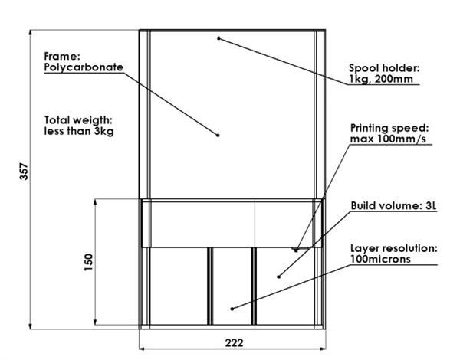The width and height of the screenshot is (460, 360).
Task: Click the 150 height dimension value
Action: [x=89, y=262]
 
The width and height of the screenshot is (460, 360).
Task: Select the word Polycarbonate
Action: [x=84, y=67]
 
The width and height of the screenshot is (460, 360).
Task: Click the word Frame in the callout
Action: [x=58, y=56]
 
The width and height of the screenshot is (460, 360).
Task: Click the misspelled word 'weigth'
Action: [x=96, y=120]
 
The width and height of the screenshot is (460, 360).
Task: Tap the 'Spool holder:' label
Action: [x=383, y=67]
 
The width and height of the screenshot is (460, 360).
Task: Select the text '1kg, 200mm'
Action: [x=377, y=79]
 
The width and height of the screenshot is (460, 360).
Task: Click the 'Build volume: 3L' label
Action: [x=393, y=205]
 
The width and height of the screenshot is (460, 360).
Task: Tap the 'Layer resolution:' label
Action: [x=393, y=248]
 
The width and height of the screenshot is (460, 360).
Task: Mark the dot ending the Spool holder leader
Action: [x=219, y=37]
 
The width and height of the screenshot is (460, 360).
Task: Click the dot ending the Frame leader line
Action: [x=219, y=135]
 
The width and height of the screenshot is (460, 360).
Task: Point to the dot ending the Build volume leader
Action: [x=278, y=276]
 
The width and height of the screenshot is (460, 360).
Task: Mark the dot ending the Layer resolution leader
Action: [x=232, y=308]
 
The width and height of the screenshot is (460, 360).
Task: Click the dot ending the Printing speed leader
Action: [x=295, y=249]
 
